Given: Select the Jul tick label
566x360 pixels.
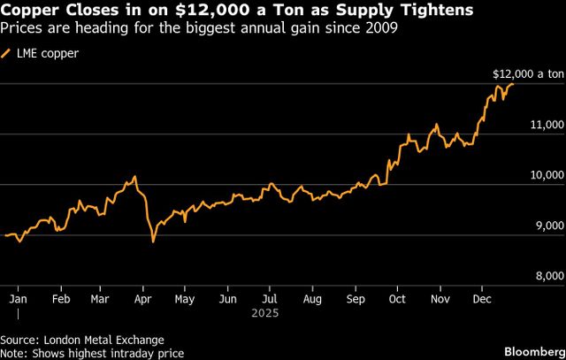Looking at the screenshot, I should point(271,299).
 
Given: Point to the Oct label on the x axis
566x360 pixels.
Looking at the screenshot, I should point(398,299).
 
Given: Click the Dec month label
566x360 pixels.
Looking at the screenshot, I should point(482,299).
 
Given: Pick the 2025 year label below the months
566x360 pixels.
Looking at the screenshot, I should point(265,313).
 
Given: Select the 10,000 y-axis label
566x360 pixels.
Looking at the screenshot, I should point(547,175).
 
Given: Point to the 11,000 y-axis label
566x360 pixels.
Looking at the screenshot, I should point(547,125).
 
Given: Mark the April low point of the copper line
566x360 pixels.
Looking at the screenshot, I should point(153,241).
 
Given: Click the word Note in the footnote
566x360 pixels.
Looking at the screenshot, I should point(13,353).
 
